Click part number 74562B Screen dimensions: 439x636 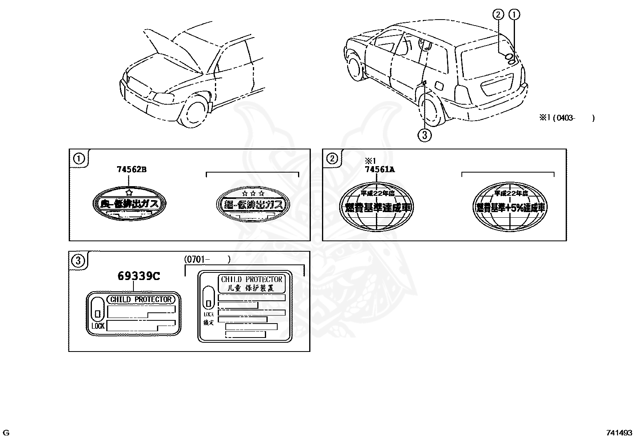[131, 169]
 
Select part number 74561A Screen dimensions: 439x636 [379, 169]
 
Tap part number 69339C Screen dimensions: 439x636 [139, 276]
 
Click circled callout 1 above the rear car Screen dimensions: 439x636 [514, 15]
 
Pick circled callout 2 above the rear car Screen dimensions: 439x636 [498, 15]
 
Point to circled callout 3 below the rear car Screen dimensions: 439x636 [424, 135]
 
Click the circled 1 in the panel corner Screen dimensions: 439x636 [79, 159]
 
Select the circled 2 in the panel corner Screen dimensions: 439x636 [332, 159]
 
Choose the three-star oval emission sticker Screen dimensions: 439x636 [252, 204]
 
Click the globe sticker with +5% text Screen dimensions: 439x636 [511, 207]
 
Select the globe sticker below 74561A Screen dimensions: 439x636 [377, 207]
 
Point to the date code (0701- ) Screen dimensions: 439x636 [207, 259]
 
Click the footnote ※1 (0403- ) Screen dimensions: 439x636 [567, 117]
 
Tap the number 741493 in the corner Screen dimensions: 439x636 [619, 432]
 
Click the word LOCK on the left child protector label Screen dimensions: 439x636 [98, 326]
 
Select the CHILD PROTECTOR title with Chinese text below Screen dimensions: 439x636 [252, 283]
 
